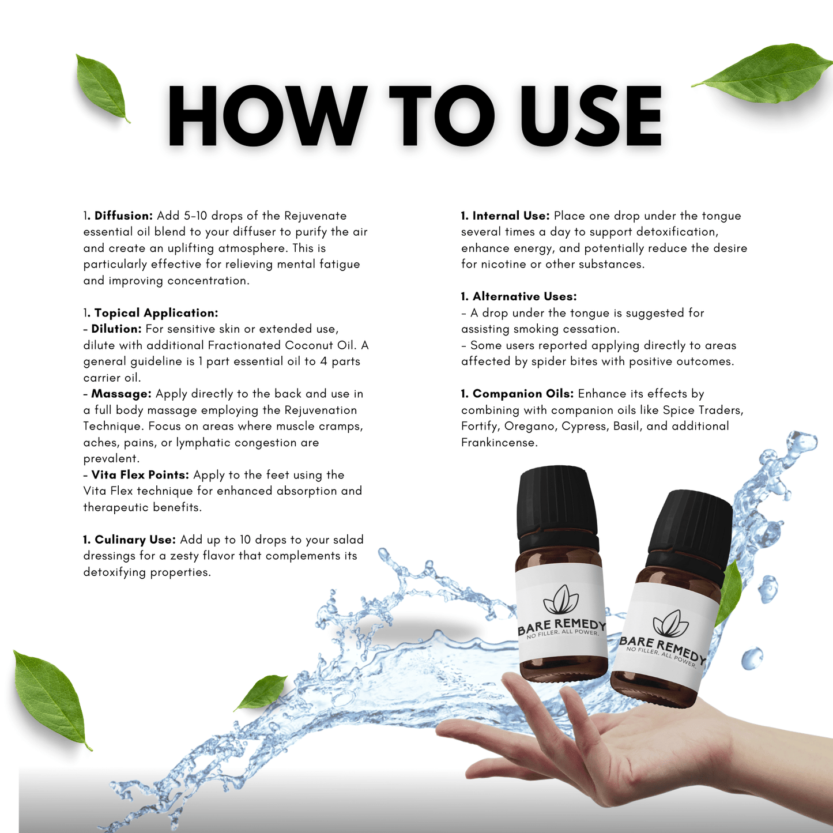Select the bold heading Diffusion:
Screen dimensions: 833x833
click(x=123, y=216)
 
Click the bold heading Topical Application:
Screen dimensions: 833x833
click(x=156, y=313)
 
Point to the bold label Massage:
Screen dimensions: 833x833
click(x=122, y=394)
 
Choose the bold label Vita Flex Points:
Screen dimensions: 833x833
click(x=140, y=474)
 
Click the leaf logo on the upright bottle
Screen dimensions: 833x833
click(x=561, y=600)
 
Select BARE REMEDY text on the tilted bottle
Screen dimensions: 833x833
click(x=662, y=649)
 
